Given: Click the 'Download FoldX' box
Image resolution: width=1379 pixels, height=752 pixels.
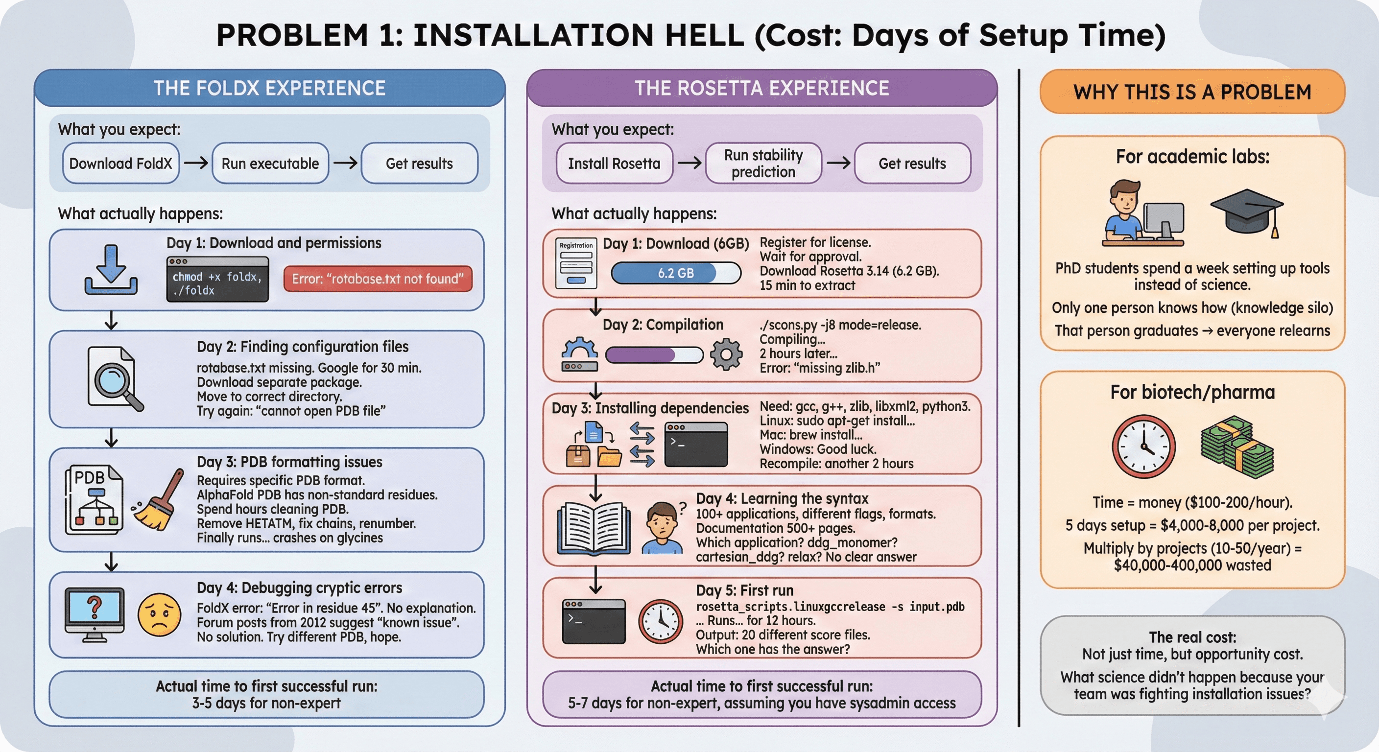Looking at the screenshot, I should coord(120,163).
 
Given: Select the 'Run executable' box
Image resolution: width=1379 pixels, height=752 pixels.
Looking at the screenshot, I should coord(270,163).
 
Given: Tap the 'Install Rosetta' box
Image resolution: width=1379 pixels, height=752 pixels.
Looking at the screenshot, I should coord(614,163).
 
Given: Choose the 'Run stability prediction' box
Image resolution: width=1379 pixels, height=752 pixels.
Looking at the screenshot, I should coord(763,163).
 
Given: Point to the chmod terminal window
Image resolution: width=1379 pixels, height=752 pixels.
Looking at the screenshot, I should coord(217,279).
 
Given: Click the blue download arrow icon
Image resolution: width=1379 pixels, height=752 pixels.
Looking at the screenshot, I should coord(111,269).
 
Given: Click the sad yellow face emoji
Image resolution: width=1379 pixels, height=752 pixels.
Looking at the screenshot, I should coord(159,614).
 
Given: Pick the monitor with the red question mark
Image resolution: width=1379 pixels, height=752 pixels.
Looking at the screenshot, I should coord(95,614).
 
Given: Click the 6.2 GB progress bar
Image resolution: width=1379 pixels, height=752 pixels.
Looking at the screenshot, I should coord(676,273).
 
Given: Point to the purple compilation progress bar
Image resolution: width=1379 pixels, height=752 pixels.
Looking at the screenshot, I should coord(654,354).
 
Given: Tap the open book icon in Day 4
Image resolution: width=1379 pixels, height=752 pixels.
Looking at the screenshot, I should coord(594,527).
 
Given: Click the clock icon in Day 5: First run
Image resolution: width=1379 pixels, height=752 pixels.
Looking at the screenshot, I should coord(661,621).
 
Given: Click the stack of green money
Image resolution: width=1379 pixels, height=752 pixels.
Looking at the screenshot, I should coord(1236,447).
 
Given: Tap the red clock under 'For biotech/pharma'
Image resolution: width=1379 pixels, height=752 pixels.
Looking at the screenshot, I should coord(1143,446).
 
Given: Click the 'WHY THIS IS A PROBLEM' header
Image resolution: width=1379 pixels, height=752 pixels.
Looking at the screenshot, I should coord(1192,92).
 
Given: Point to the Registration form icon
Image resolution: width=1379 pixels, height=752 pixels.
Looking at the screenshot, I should coord(576,263).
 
